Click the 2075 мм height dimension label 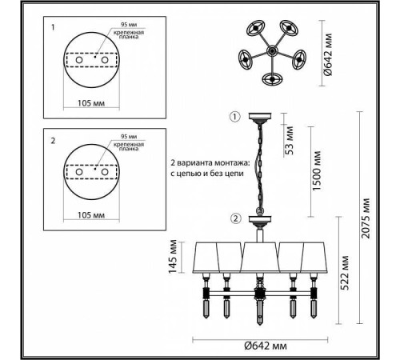point(366,218)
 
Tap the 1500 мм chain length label point(316,170)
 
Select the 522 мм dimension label point(345,273)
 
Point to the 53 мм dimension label point(289,140)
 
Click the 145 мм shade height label point(173,257)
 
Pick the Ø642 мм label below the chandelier point(266,346)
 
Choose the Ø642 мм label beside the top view point(328,54)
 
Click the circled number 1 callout point(235,117)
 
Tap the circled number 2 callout point(235,219)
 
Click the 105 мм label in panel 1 point(91,103)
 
